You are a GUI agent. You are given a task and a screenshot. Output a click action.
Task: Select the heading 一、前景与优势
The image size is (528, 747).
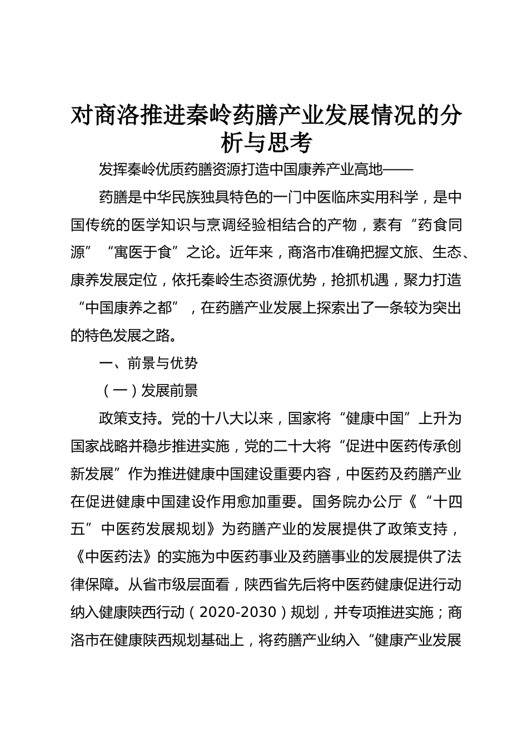(148, 363)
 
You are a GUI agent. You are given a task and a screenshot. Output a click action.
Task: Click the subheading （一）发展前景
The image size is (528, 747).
(148, 391)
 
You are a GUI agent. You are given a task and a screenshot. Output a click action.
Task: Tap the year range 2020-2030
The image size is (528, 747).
(237, 612)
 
